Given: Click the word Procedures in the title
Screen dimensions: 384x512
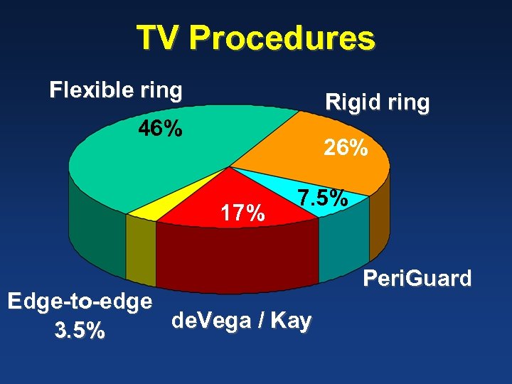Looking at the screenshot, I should pos(282,38).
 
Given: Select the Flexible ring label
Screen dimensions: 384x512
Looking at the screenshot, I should pos(116,91).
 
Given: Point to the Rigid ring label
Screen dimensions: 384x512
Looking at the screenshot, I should pos(377,103).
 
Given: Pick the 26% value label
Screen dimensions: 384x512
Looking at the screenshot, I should pos(346,148).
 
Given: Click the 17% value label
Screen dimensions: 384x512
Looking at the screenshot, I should pos(243,212).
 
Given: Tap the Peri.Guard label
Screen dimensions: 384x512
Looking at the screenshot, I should pos(417,278).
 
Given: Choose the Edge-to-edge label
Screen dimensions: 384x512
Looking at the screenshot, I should pos(80,302).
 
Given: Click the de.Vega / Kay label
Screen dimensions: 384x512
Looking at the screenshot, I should pos(241,321).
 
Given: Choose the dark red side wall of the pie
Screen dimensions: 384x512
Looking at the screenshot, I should pos(235,256).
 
